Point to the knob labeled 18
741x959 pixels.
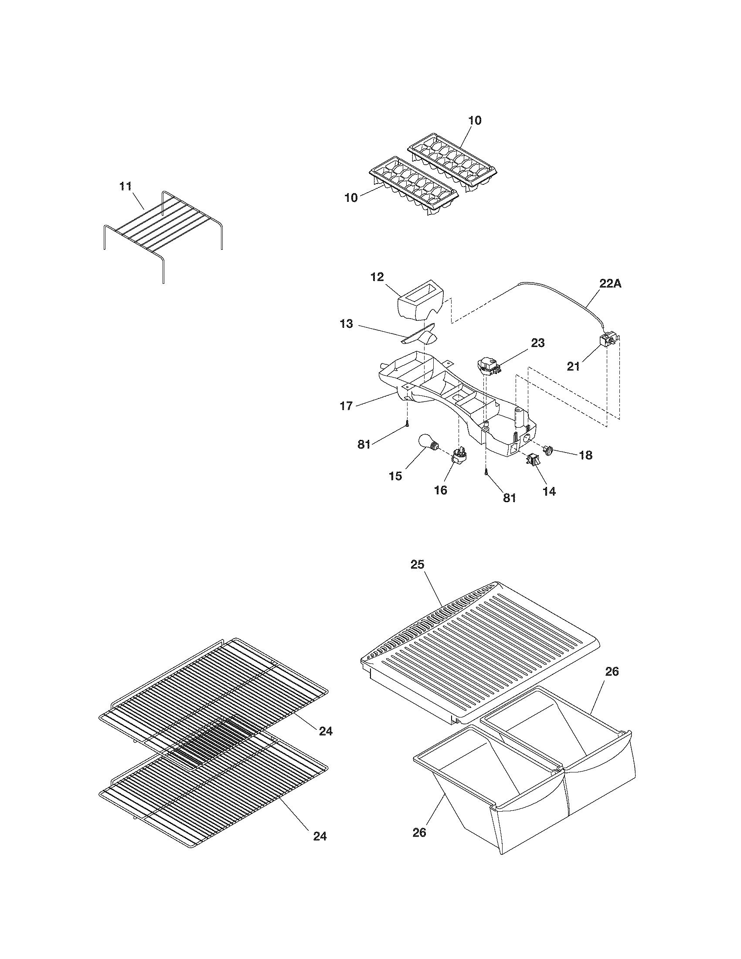(x=549, y=450)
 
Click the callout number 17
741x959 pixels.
(x=347, y=405)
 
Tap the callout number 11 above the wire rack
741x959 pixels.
(x=126, y=186)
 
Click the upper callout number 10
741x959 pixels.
(x=475, y=120)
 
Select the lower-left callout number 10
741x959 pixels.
(x=351, y=197)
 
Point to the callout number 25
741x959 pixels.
(x=418, y=564)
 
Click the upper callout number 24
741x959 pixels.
(x=325, y=731)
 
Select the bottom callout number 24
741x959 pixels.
(x=320, y=837)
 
